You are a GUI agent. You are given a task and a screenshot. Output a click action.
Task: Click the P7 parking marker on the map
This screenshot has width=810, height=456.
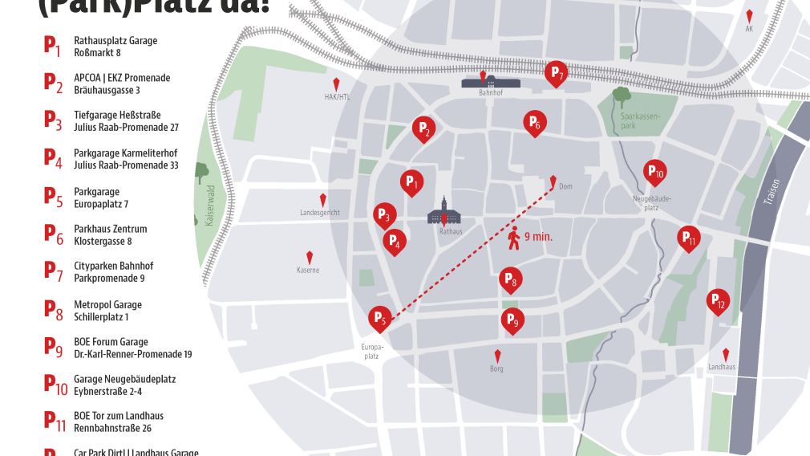pyautogui.click(x=556, y=73)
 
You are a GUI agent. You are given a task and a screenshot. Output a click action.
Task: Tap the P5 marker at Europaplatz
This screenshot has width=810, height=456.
pyautogui.click(x=379, y=319)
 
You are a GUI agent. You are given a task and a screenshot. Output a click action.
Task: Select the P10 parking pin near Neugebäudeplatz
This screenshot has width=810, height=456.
pyautogui.click(x=654, y=171)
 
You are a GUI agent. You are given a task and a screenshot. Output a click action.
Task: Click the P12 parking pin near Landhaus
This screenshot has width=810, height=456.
pyautogui.click(x=718, y=300)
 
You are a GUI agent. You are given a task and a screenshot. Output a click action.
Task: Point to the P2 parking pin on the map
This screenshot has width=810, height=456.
pyautogui.click(x=423, y=128)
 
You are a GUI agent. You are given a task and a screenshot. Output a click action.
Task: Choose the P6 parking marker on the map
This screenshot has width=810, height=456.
pyautogui.click(x=534, y=122)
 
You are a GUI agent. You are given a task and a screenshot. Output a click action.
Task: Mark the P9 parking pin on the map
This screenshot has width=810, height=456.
pyautogui.click(x=512, y=320)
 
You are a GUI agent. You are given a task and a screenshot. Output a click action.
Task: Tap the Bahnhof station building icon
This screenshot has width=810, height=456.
pyautogui.click(x=490, y=82)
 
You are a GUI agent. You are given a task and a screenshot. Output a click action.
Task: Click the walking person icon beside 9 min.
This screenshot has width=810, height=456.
pyautogui.click(x=513, y=237)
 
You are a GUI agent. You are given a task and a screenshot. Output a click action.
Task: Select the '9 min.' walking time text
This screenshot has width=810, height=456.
pyautogui.click(x=538, y=237)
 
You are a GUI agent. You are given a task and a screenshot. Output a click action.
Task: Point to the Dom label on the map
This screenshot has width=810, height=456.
pyautogui.click(x=565, y=186)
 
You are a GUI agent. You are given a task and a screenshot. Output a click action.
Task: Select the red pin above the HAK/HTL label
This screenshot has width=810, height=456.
pyautogui.click(x=337, y=84)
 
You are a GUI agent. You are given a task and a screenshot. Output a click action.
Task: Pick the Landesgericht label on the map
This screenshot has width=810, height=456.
pyautogui.click(x=320, y=213)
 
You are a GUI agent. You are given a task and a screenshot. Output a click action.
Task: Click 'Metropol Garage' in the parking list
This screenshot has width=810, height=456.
pyautogui.click(x=107, y=304)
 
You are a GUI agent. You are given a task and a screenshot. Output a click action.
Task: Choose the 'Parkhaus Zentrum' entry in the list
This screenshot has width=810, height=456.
pyautogui.click(x=110, y=229)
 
